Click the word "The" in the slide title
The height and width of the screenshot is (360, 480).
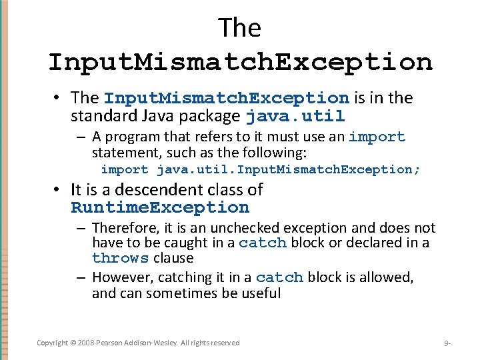pyautogui.click(x=239, y=28)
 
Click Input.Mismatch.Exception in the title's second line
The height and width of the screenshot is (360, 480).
pyautogui.click(x=240, y=62)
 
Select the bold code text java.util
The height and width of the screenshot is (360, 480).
pyautogui.click(x=295, y=117)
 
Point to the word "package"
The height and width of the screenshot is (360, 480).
pyautogui.click(x=213, y=117)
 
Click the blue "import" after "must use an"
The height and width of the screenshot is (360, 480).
pyautogui.click(x=377, y=137)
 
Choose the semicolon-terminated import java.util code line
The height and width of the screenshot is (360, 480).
pyautogui.click(x=261, y=169)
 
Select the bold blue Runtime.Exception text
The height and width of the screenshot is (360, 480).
pyautogui.click(x=160, y=207)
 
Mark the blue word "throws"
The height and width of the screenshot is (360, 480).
pyautogui.click(x=120, y=259)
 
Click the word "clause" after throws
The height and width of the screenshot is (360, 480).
pyautogui.click(x=173, y=258)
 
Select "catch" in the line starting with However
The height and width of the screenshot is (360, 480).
pyautogui.click(x=279, y=277)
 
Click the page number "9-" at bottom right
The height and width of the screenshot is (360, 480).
pyautogui.click(x=447, y=343)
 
